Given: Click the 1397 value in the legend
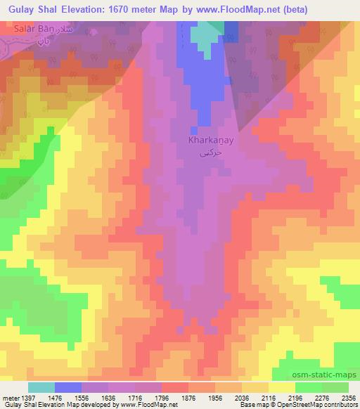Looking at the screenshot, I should [25, 398].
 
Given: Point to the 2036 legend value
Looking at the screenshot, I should [241, 398].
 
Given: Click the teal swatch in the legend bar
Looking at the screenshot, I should [41, 387].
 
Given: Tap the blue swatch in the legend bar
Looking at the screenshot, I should [69, 387].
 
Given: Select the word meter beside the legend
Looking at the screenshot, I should [9, 398].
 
